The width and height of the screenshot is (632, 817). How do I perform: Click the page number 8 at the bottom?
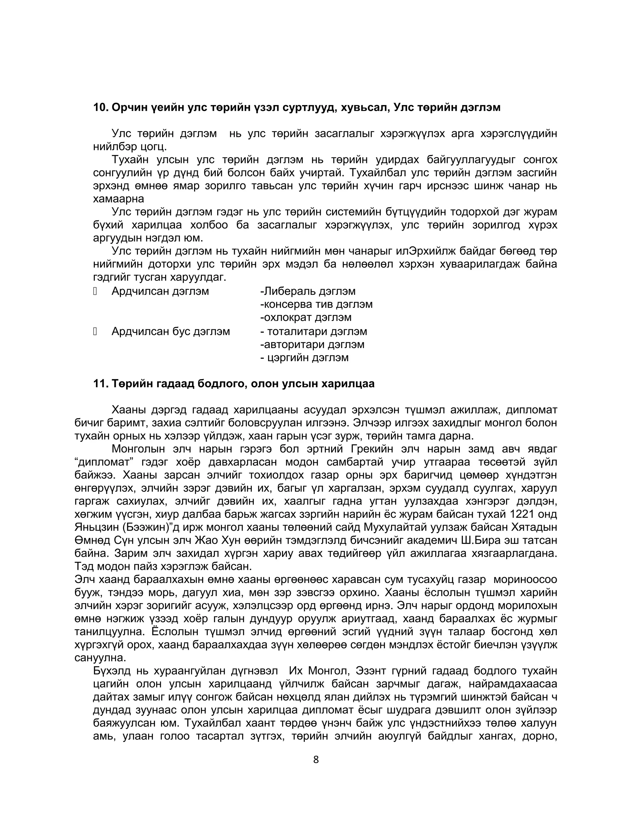316,759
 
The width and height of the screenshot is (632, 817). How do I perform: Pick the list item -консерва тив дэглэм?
316,304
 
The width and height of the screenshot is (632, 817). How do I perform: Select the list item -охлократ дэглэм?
306,317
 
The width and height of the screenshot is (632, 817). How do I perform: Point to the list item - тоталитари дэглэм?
314,331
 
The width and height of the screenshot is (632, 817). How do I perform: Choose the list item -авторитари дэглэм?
312,344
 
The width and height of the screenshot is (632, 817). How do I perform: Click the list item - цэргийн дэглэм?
304,357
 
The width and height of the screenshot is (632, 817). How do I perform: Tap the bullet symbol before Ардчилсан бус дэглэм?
95,331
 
